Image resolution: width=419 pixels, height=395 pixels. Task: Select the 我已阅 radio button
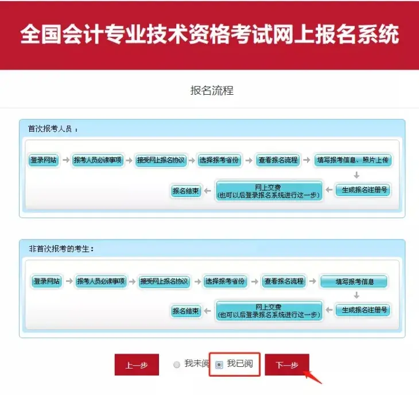click(219, 365)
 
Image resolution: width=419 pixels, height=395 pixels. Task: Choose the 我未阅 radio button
click(177, 365)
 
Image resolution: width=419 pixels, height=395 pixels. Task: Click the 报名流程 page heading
click(212, 91)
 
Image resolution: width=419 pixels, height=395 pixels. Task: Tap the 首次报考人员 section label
click(53, 129)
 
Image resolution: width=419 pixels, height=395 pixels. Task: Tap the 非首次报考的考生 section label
click(61, 249)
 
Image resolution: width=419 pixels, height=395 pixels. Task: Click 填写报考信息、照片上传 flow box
click(354, 160)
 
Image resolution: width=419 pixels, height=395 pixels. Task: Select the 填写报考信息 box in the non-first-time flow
click(354, 282)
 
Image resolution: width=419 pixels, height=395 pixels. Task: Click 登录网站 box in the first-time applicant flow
click(44, 160)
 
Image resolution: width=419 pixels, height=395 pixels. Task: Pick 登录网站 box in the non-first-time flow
click(46, 281)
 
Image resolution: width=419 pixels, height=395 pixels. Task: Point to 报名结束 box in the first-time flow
click(187, 191)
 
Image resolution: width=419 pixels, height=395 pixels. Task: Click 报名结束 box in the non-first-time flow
click(187, 311)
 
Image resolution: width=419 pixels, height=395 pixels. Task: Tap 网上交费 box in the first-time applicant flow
click(269, 191)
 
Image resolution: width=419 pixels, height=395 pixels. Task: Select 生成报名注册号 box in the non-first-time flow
click(362, 310)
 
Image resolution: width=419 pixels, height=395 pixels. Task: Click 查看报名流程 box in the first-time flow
click(278, 160)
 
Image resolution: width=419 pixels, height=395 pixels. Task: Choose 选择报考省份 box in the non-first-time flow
click(225, 281)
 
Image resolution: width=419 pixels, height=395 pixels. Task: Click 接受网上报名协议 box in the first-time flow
click(161, 160)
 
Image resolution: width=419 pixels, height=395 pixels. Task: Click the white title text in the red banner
click(209, 34)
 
